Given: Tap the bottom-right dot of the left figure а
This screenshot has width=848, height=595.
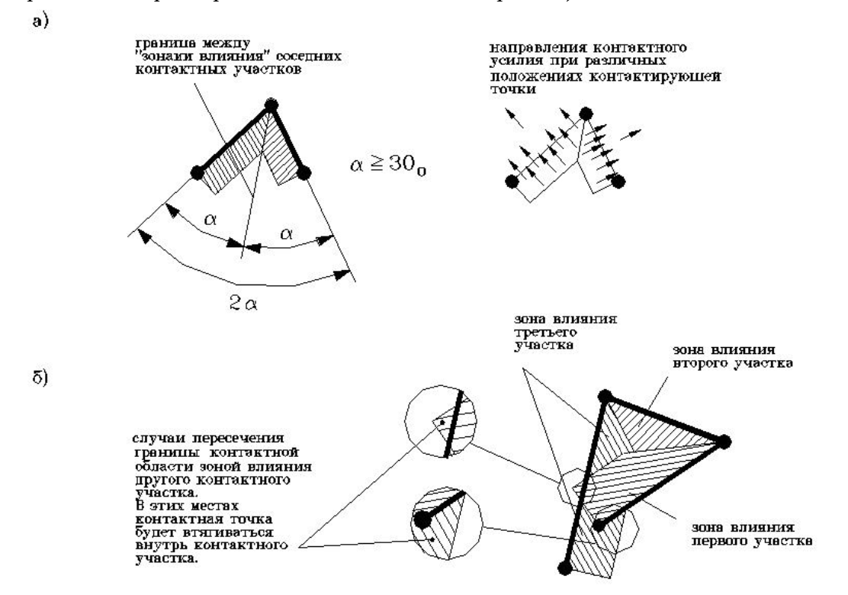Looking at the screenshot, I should click(x=304, y=174).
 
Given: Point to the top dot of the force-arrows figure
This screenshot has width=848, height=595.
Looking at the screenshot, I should click(x=585, y=114).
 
